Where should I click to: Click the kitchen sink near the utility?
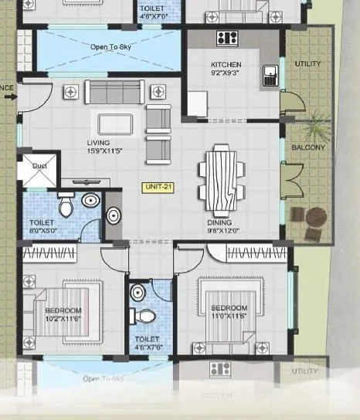pyautogui.click(x=270, y=75)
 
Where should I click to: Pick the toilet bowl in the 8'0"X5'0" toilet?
pyautogui.click(x=66, y=205)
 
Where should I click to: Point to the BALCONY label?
pyautogui.click(x=308, y=147)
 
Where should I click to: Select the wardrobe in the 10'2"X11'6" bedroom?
pyautogui.click(x=61, y=252)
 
